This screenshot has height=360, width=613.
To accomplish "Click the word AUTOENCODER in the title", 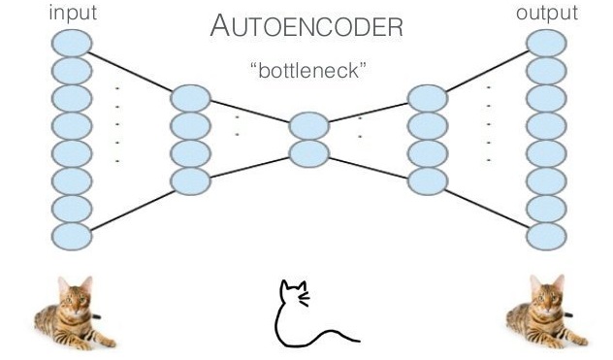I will click(x=306, y=28).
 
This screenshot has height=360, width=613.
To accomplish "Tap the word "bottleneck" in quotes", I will click(x=306, y=72).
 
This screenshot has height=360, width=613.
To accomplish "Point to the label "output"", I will click(x=547, y=13).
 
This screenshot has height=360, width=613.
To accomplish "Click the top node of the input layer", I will click(x=72, y=42).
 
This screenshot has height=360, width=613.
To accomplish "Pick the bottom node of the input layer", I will click(x=72, y=236).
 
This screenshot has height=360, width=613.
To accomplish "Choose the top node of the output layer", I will click(x=546, y=42).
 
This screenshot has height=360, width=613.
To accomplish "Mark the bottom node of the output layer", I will click(x=546, y=236).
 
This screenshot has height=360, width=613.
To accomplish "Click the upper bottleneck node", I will click(x=309, y=125).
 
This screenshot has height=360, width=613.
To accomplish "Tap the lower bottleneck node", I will click(x=309, y=152).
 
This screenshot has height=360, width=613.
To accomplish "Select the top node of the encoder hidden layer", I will click(x=190, y=98).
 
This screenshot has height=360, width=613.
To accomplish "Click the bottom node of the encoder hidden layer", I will click(x=190, y=180).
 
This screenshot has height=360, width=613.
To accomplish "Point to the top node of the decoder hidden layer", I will click(x=428, y=98).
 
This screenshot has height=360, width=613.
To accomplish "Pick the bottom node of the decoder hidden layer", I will click(x=428, y=180).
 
